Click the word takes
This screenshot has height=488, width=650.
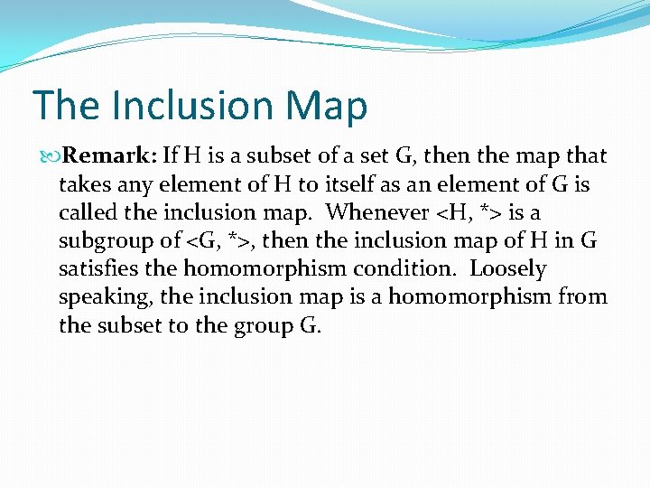click(x=84, y=184)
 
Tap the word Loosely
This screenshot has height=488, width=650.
click(x=508, y=268)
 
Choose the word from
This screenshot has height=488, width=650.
click(x=583, y=296)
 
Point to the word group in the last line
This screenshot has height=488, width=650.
click(x=255, y=325)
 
